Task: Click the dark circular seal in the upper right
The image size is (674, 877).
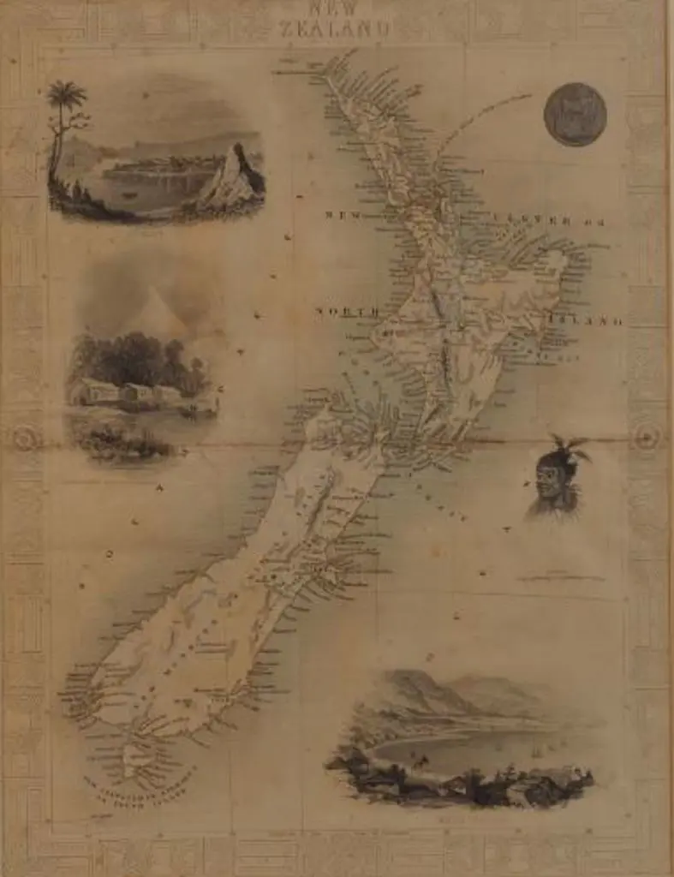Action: pos(575,115)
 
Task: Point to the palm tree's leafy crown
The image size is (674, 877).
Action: pos(66,93)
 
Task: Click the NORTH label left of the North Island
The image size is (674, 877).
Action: pos(346,312)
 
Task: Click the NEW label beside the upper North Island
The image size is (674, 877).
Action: pos(341,215)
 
